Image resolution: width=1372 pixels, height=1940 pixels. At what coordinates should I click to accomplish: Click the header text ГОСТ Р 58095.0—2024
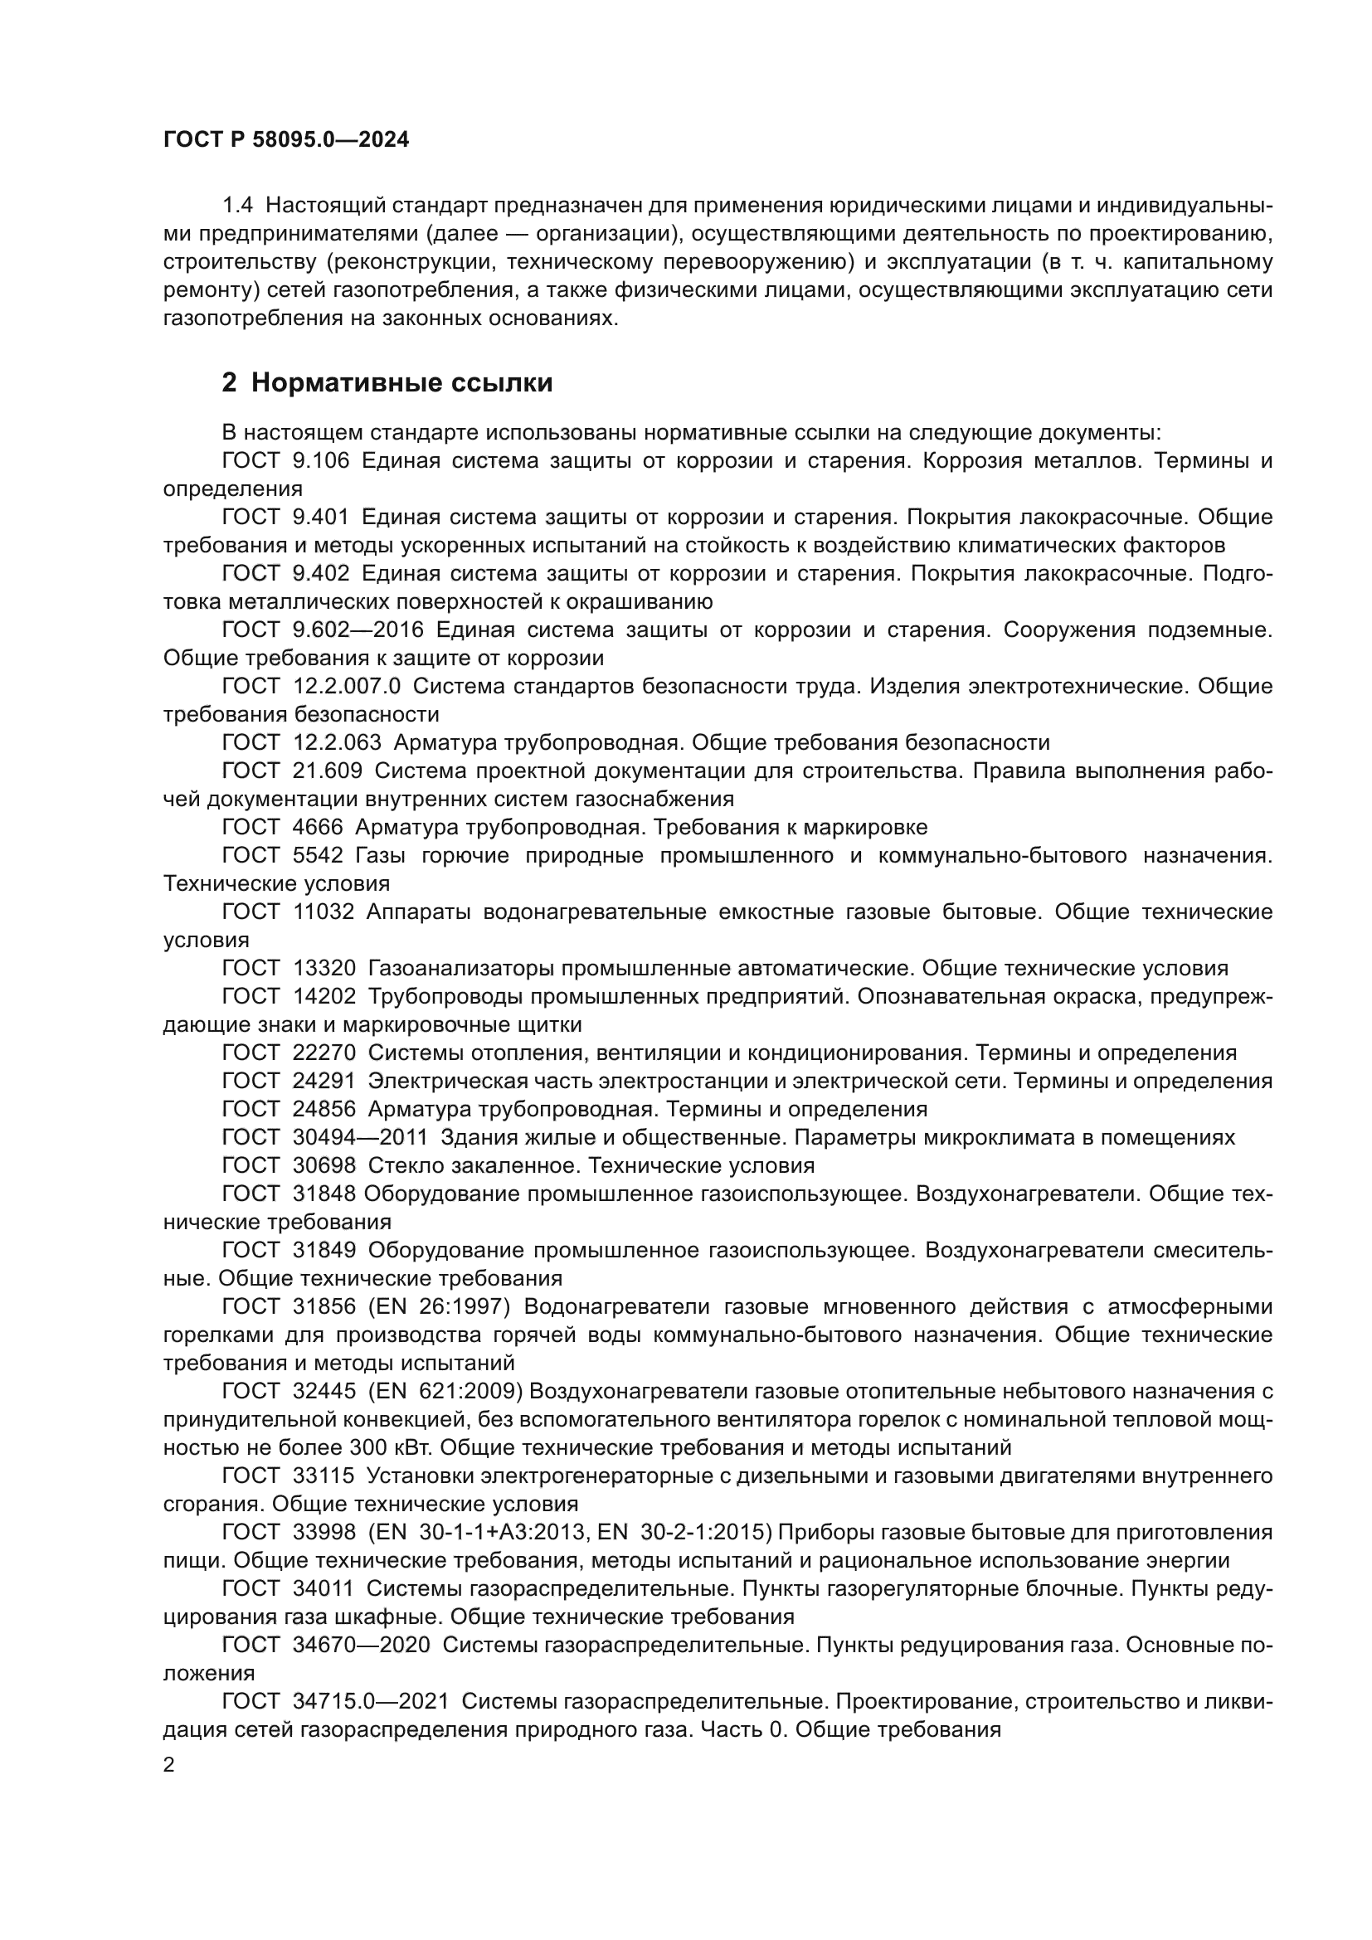pyautogui.click(x=285, y=140)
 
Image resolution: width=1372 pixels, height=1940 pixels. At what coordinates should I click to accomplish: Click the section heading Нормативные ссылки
pyautogui.click(x=402, y=382)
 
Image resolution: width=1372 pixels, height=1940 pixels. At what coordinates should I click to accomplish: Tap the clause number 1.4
pyautogui.click(x=237, y=206)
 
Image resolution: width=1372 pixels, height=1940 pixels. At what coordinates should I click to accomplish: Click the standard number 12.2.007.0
pyautogui.click(x=347, y=686)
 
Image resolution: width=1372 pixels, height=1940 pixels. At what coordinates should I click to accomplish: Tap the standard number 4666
pyautogui.click(x=318, y=827)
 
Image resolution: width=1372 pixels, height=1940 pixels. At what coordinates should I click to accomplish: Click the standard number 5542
pyautogui.click(x=318, y=855)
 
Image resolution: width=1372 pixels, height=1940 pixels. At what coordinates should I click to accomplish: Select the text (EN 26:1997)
pyautogui.click(x=440, y=1307)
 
